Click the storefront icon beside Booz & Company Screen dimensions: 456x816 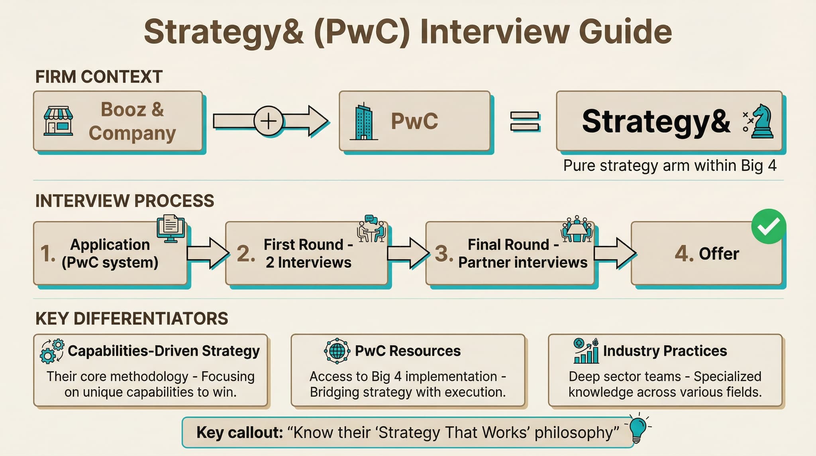[58, 121]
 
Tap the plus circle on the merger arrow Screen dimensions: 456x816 [269, 121]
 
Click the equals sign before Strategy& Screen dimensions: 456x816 [525, 121]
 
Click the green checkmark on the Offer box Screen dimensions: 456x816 [769, 226]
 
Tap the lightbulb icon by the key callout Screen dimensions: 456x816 [638, 428]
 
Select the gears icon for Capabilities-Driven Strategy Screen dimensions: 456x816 [52, 351]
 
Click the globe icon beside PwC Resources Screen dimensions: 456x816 [337, 351]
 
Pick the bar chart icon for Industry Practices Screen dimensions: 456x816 [586, 351]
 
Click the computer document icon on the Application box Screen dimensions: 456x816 [171, 229]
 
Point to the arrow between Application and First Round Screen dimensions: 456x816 [208, 253]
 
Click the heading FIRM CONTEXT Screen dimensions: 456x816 [99, 77]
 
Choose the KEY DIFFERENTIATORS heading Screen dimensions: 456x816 [131, 319]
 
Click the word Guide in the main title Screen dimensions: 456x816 [625, 32]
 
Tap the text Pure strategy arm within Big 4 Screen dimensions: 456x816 [670, 166]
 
